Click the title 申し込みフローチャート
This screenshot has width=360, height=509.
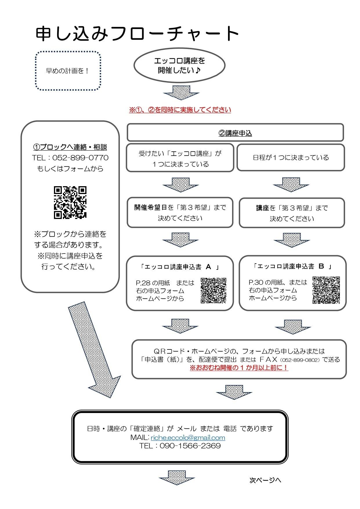coord(137,34)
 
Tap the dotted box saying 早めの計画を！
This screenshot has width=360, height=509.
coord(68,71)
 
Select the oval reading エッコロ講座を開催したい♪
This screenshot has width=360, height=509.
coord(179,66)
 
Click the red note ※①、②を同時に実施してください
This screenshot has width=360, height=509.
coord(180,110)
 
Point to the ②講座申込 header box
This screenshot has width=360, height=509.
coord(235,133)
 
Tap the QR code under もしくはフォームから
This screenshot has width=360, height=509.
coord(70,202)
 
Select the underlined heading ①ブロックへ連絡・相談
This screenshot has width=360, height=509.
coord(70,147)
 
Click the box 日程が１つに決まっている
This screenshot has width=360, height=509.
coord(291,157)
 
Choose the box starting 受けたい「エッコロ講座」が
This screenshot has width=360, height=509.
coord(180,158)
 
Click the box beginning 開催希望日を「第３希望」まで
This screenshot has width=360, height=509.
coord(180,213)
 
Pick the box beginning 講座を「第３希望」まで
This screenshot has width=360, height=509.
coord(292,213)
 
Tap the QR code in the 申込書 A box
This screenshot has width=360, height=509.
coord(213,291)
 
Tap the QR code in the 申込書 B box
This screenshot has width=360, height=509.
coord(326,290)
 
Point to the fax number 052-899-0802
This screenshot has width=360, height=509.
coord(301,360)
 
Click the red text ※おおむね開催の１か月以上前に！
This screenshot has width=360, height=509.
coord(239,368)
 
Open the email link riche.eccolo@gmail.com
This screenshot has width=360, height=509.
coord(188,437)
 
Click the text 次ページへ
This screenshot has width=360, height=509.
coord(265,480)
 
